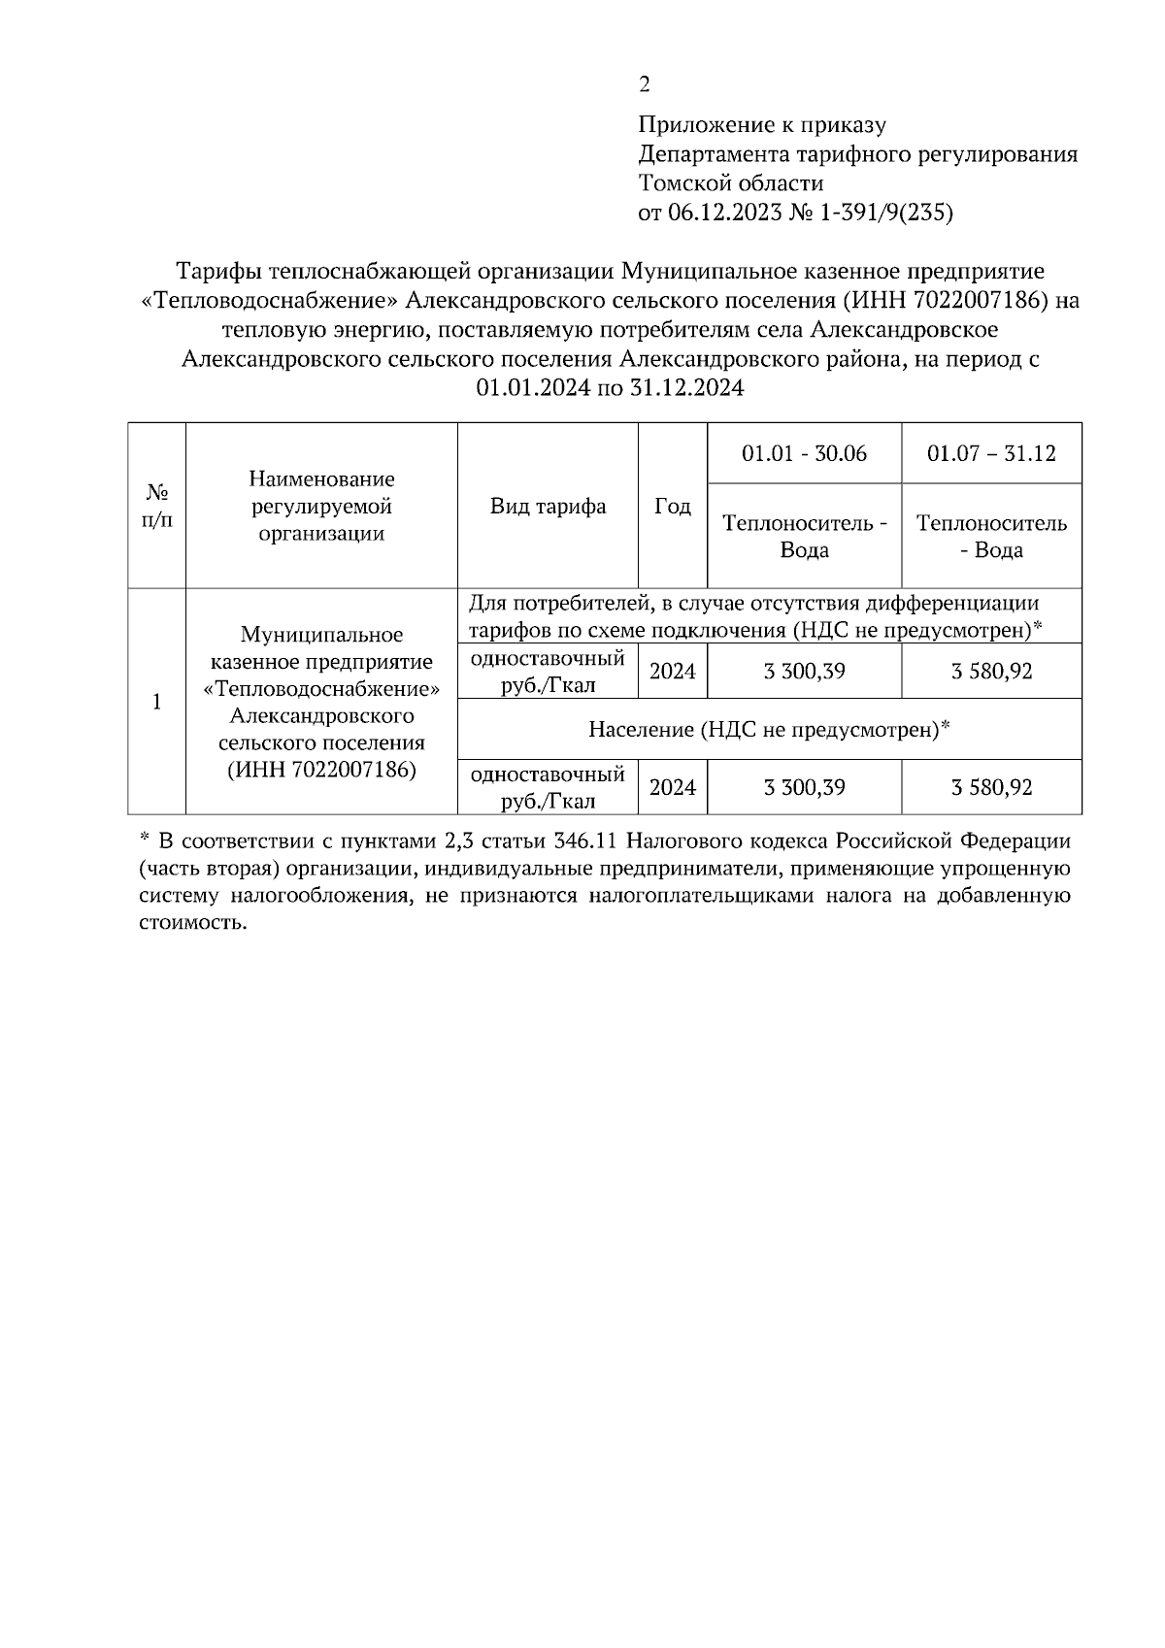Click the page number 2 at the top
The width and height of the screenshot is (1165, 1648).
[x=645, y=84]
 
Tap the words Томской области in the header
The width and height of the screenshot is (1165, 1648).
[x=731, y=182]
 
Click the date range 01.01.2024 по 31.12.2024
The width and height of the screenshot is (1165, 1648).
[x=610, y=388]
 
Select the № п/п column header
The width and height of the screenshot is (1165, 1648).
[x=156, y=506]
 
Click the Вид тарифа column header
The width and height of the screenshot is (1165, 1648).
[x=548, y=506]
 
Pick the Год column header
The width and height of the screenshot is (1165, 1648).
[x=672, y=506]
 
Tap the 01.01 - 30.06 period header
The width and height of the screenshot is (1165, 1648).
[x=804, y=453]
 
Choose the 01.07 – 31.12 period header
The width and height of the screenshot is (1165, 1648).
[x=991, y=453]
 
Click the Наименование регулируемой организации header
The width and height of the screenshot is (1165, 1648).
[x=321, y=506]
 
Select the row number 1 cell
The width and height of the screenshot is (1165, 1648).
[x=156, y=701]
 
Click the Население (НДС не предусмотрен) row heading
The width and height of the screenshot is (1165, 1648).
[x=768, y=729]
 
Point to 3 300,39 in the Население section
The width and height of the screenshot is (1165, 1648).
[x=804, y=787]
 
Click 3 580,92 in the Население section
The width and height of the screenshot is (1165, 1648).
[x=991, y=787]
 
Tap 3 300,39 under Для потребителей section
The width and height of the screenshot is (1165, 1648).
[x=804, y=671]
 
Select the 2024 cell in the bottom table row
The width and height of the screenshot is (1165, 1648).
[x=672, y=787]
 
